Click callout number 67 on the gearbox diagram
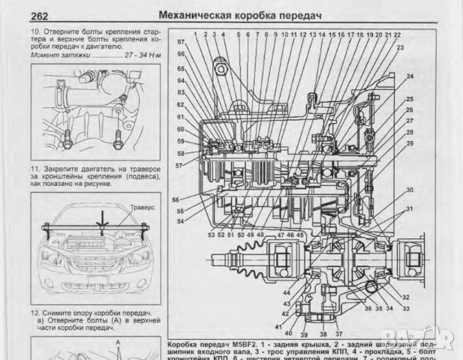click(181, 43)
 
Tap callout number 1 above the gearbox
click(195, 34)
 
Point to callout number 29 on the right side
click(410, 142)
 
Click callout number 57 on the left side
click(179, 164)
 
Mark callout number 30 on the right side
click(410, 190)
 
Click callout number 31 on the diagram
click(410, 208)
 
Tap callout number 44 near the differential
click(287, 292)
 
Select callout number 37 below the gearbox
click(338, 334)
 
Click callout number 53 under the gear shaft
click(212, 235)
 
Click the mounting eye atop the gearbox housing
click(222, 71)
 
